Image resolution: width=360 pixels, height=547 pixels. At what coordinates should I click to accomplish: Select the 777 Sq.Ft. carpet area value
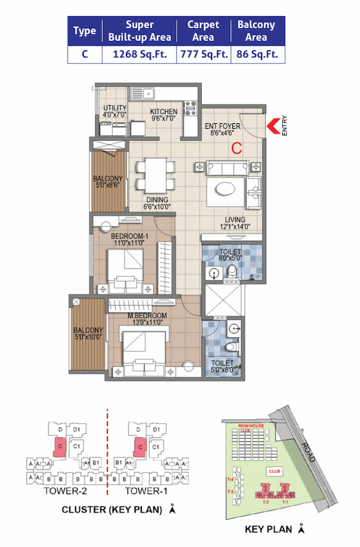coord(203,55)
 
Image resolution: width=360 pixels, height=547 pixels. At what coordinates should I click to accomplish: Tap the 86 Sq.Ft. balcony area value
coord(256,55)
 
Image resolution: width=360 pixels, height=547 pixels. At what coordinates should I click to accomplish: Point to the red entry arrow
coord(273,124)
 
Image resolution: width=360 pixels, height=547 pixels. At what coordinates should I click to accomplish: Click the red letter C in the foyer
coord(237,149)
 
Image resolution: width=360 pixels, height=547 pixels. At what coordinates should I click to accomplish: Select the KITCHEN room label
coord(164,112)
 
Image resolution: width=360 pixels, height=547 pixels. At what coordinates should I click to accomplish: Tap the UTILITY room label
coord(115,109)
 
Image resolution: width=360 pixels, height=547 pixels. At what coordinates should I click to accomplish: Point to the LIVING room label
coord(235,219)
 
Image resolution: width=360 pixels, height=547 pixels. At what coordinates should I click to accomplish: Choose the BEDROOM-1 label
coord(129,236)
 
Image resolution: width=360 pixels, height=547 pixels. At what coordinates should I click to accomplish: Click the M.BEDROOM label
coord(148,315)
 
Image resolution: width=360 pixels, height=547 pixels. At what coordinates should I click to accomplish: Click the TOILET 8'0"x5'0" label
coord(231,252)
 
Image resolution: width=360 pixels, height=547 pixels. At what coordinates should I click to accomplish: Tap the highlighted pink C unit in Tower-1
coord(139,447)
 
